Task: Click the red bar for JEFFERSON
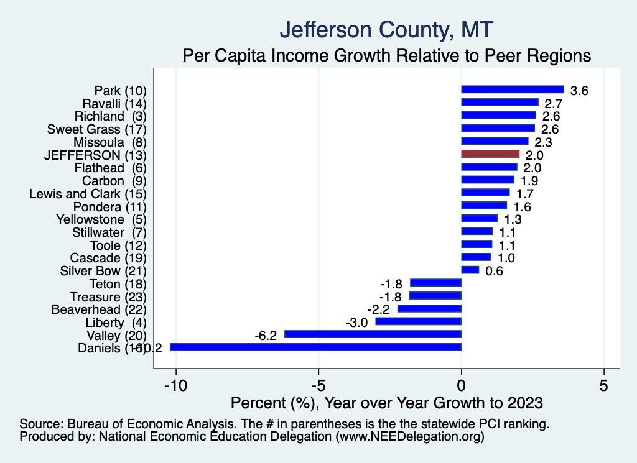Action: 490,154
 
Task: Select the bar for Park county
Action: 513,89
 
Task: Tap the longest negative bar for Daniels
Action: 315,347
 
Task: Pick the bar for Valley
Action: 373,334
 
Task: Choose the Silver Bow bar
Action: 470,270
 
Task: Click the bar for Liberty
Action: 418,321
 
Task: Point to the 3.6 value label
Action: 579,91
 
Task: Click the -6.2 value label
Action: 266,336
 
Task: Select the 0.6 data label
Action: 494,271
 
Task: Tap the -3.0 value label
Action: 357,323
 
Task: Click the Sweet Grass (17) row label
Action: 96,129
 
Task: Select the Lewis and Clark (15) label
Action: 88,194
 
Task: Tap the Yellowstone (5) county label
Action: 101,219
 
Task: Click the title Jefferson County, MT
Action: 386,29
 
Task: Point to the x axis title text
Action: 386,403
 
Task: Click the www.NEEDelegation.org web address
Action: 410,437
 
